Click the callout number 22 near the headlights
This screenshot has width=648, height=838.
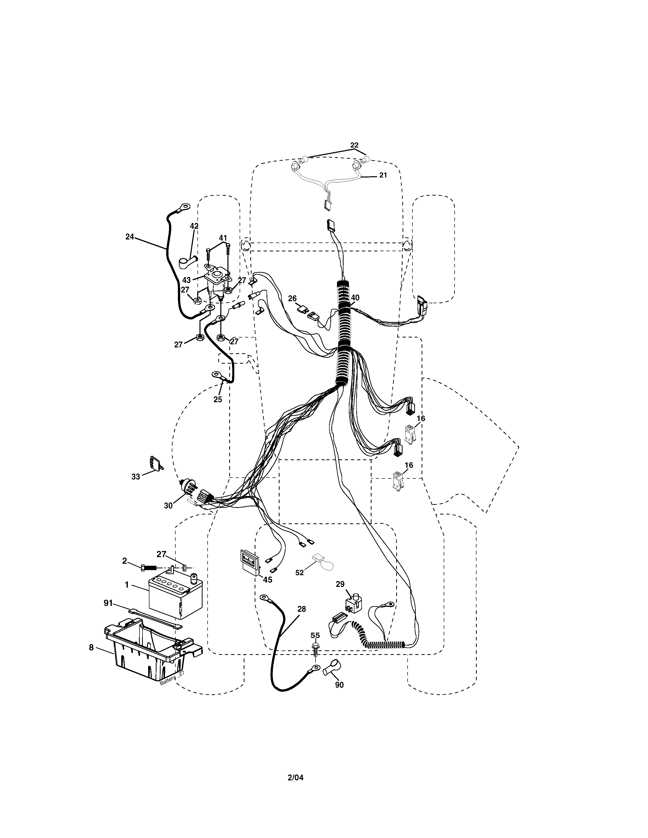[x=354, y=145]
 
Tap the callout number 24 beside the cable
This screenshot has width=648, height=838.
[x=130, y=237]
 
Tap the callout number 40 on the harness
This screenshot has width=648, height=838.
[x=355, y=297]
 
